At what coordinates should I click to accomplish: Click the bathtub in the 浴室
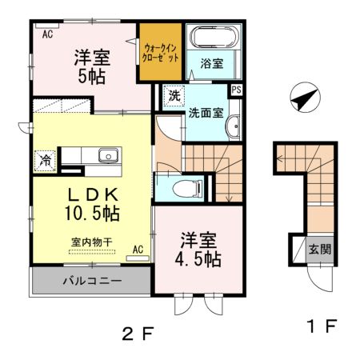click(x=214, y=37)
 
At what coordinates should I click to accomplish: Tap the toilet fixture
click(x=187, y=189)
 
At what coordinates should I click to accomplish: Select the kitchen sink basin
click(x=108, y=155)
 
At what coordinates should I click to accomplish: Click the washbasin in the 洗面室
click(x=234, y=126)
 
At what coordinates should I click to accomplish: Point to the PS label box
click(x=236, y=90)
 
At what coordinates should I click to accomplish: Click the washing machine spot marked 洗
click(x=174, y=95)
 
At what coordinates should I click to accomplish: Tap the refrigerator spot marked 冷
click(x=45, y=161)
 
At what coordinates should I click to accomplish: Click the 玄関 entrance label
click(x=320, y=250)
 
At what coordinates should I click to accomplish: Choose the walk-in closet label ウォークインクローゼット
click(x=160, y=53)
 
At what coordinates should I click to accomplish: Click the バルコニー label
click(x=92, y=281)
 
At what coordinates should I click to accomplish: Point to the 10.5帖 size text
click(x=92, y=213)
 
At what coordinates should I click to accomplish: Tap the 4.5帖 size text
click(x=198, y=258)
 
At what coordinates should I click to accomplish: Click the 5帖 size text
click(x=92, y=77)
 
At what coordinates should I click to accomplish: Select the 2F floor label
click(x=138, y=334)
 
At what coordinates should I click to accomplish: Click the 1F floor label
click(x=322, y=326)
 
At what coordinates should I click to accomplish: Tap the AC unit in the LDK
click(x=138, y=258)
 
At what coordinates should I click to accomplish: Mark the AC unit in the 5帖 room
click(x=47, y=26)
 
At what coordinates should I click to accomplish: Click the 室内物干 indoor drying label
click(x=92, y=242)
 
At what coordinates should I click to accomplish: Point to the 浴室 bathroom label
click(x=212, y=63)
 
